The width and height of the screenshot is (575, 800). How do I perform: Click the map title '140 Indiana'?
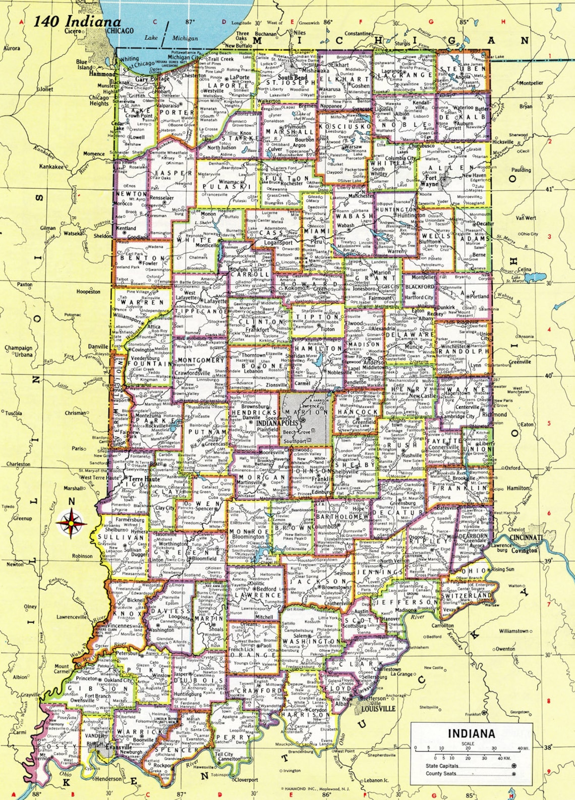coord(77,22)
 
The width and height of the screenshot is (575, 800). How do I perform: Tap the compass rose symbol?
coord(71,523)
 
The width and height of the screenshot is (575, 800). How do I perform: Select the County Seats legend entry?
coord(441,773)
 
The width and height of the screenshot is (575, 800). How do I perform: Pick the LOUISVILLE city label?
coord(378,709)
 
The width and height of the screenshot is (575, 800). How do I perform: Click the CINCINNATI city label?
coord(525,538)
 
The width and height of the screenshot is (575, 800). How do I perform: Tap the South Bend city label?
coord(293,78)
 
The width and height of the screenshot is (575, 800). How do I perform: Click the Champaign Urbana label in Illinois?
coord(19,351)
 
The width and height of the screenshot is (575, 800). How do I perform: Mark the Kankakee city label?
coord(51,167)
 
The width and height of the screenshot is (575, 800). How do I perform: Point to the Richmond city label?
coord(495,414)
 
